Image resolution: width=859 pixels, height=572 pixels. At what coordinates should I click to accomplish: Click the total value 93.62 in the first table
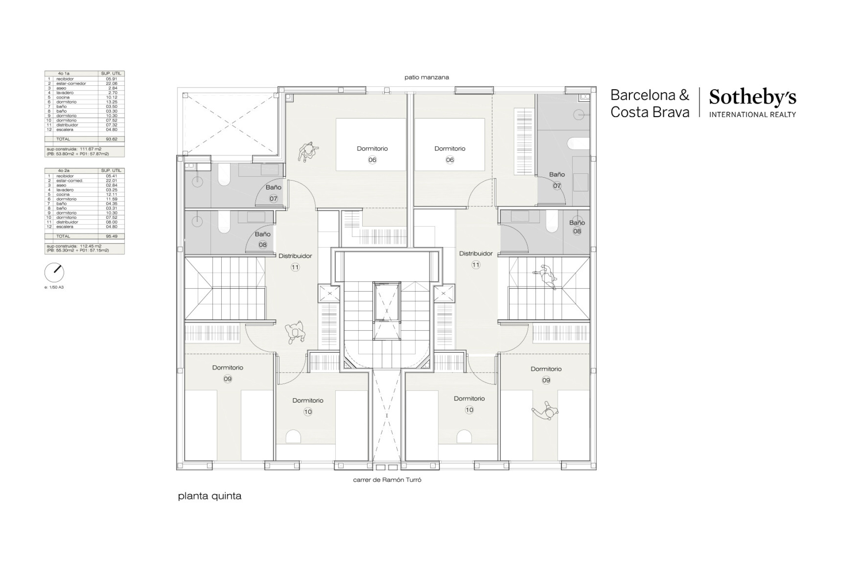click(x=111, y=139)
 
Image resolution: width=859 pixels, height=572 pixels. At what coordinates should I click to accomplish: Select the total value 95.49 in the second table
click(x=111, y=236)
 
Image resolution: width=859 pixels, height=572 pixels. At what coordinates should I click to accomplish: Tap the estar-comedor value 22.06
click(x=111, y=84)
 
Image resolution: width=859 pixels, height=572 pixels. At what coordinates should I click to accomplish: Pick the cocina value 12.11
click(x=111, y=195)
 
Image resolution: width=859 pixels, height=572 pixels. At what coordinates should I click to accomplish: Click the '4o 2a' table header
click(x=64, y=171)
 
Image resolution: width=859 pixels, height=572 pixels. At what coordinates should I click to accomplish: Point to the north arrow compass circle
click(x=54, y=273)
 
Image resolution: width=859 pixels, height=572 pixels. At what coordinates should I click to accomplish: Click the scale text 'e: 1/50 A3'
click(x=54, y=287)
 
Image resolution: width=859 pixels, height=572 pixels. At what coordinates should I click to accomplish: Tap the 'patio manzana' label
click(x=426, y=78)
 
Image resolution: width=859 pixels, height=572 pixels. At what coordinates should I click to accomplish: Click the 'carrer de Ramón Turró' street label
click(x=387, y=480)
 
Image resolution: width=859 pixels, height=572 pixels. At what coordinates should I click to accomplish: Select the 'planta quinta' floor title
click(x=210, y=496)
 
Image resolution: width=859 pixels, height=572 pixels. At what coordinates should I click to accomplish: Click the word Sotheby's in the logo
click(x=753, y=98)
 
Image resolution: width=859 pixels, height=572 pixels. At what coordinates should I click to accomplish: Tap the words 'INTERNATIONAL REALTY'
click(x=753, y=115)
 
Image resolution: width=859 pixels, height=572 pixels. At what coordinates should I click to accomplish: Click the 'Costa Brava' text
click(x=650, y=112)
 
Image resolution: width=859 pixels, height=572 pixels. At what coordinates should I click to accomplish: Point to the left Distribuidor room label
click(x=295, y=256)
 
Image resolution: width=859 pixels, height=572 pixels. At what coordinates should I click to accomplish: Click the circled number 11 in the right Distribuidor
click(x=476, y=265)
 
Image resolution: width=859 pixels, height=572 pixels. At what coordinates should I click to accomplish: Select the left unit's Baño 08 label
click(x=262, y=234)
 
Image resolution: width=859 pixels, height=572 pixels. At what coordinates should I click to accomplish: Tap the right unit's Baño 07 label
click(x=557, y=175)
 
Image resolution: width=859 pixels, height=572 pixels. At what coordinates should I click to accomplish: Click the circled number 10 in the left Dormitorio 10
click(x=308, y=412)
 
